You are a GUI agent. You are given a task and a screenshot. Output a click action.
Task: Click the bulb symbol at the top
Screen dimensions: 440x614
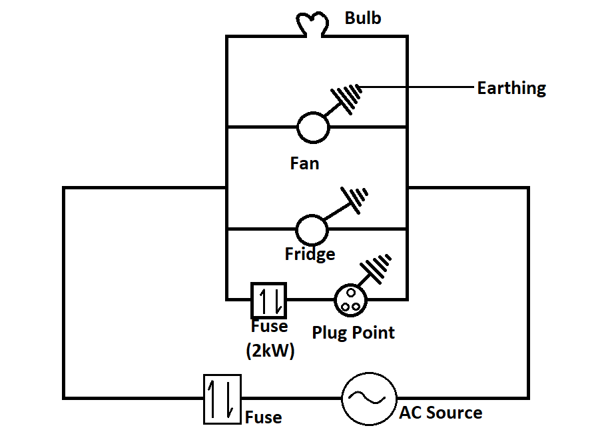(x=312, y=24)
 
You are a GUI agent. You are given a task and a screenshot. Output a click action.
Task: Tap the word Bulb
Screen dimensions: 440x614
(x=363, y=18)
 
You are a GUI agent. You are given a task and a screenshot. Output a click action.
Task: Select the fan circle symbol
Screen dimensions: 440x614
(x=312, y=127)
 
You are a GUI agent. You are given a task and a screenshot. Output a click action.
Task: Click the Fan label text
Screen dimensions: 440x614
(x=304, y=163)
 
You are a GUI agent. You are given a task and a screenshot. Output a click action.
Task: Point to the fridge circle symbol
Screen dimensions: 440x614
(x=312, y=230)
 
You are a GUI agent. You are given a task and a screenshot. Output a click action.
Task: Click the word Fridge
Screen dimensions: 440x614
(x=310, y=254)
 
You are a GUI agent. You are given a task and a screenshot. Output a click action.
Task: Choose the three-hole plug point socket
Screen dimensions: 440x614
(x=350, y=299)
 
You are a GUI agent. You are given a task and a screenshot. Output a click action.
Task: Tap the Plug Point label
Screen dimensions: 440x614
(x=353, y=333)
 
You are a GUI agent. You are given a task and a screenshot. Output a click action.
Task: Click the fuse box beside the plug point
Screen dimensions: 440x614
(x=268, y=301)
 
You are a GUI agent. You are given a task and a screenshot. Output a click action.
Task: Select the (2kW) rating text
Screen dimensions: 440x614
(x=270, y=350)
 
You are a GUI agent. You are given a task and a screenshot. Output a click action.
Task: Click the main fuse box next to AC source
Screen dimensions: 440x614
(x=222, y=399)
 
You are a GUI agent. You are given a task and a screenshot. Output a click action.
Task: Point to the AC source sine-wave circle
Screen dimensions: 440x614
(x=368, y=398)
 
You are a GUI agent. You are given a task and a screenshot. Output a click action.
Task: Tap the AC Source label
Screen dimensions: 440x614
(x=440, y=413)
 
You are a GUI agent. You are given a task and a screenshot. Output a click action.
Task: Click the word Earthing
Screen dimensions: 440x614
(x=511, y=88)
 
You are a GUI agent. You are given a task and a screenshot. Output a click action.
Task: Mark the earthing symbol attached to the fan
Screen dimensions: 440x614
(x=347, y=99)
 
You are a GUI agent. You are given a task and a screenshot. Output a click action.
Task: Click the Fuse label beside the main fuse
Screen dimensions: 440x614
(x=263, y=418)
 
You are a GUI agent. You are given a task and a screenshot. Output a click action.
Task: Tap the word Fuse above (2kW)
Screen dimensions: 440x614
(x=270, y=327)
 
